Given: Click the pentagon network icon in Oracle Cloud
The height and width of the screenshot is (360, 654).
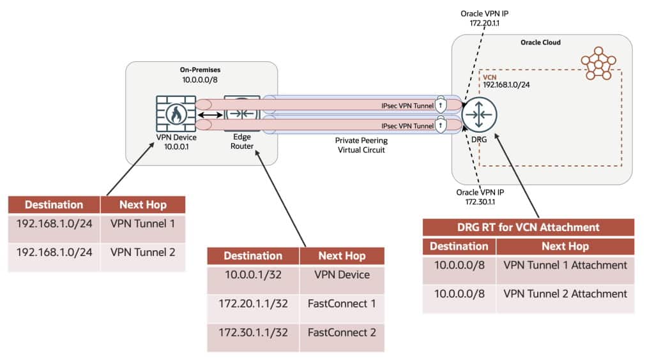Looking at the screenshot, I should pyautogui.click(x=598, y=63).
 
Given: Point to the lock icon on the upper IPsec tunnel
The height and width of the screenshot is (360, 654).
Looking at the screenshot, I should pyautogui.click(x=441, y=103).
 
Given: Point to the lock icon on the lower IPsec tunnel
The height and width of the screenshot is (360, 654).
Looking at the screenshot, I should pyautogui.click(x=441, y=124).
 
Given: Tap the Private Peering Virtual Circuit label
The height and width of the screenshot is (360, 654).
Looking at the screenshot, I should pyautogui.click(x=360, y=144).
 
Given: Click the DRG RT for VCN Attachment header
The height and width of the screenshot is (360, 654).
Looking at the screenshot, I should pyautogui.click(x=528, y=227).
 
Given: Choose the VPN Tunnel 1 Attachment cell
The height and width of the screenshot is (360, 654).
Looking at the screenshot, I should pyautogui.click(x=565, y=266).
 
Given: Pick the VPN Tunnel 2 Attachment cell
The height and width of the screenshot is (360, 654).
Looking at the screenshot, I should pyautogui.click(x=565, y=294).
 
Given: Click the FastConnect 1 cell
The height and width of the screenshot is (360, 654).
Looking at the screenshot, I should pyautogui.click(x=342, y=304).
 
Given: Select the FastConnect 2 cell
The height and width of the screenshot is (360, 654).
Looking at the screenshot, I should pyautogui.click(x=342, y=333).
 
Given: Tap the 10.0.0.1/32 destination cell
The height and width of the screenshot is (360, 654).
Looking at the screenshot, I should pyautogui.click(x=253, y=275).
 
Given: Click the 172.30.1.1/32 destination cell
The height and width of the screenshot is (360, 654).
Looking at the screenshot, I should pyautogui.click(x=253, y=333).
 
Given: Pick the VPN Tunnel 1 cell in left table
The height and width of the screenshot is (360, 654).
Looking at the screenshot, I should pyautogui.click(x=142, y=224).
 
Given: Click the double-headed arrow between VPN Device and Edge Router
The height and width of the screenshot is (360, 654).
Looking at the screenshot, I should pyautogui.click(x=210, y=116).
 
